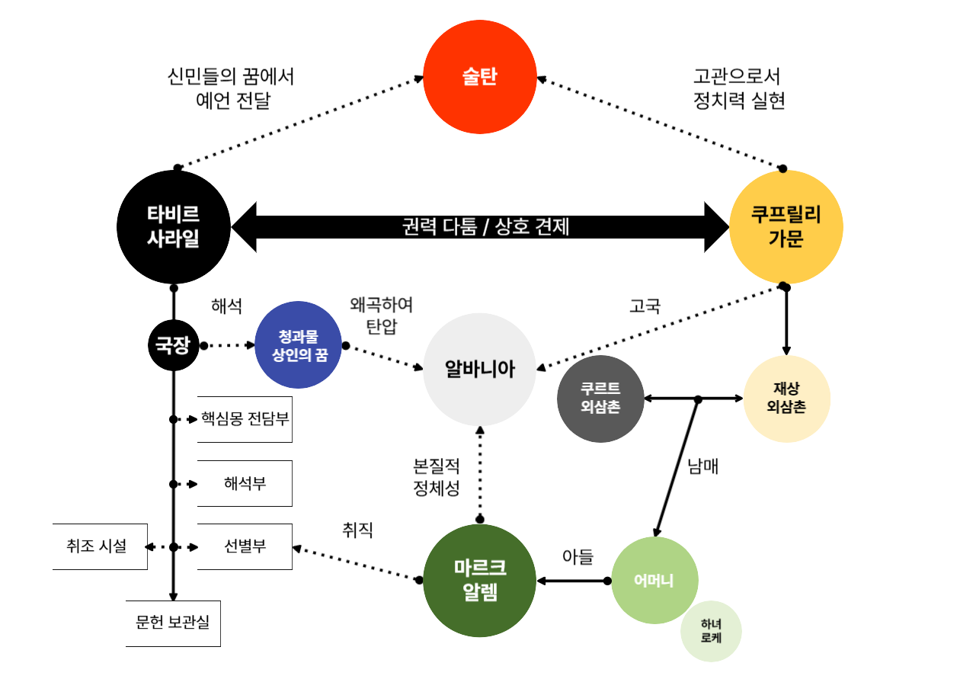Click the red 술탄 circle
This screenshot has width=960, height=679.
(x=479, y=77)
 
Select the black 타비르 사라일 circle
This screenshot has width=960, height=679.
(x=173, y=226)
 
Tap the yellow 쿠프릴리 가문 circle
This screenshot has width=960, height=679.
(x=786, y=226)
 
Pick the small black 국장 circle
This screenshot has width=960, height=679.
(x=173, y=346)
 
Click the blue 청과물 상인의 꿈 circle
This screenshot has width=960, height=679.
(x=298, y=345)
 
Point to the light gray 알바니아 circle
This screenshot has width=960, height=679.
(x=479, y=370)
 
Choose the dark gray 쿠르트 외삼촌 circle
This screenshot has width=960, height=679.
(x=600, y=399)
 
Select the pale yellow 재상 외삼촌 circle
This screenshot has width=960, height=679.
(x=786, y=399)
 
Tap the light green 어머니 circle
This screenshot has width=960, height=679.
(x=654, y=581)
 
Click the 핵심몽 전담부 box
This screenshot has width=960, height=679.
(x=245, y=419)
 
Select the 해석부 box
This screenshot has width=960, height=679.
(x=245, y=483)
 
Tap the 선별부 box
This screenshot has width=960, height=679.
(x=245, y=546)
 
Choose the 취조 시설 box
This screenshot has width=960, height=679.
(x=99, y=546)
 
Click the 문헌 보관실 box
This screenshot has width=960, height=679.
(x=173, y=623)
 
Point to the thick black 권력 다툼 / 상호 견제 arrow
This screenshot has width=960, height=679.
(x=480, y=226)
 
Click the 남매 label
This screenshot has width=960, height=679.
(x=702, y=466)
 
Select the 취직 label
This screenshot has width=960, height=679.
(x=358, y=530)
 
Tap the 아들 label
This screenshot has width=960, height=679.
(x=578, y=557)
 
